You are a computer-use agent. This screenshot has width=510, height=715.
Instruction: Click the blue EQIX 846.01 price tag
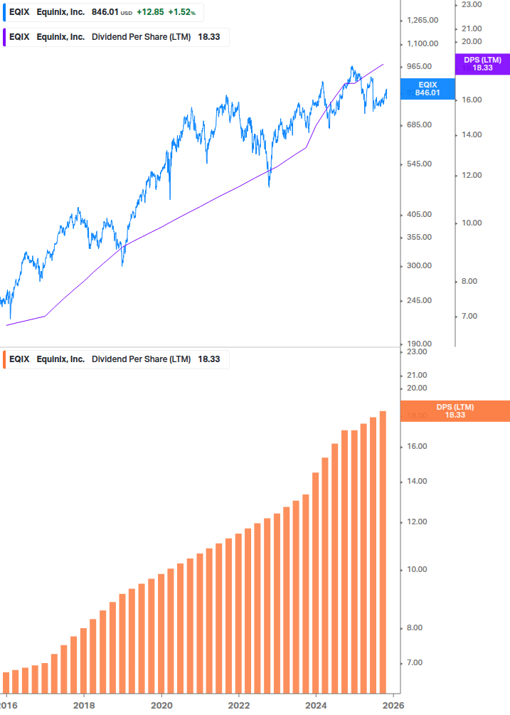(427, 88)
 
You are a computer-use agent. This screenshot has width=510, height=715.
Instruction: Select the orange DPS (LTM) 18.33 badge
(455, 411)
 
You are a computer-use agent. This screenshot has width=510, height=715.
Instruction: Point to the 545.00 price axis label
(418, 164)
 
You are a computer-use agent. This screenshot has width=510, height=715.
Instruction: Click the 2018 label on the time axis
(84, 704)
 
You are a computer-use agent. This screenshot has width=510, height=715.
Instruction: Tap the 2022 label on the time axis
(239, 704)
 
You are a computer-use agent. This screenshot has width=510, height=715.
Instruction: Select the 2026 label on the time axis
(393, 704)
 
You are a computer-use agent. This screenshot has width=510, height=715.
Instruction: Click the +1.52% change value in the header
(181, 13)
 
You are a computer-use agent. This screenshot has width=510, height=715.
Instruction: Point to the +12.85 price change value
(149, 13)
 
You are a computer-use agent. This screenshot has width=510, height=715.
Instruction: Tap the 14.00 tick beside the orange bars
(418, 482)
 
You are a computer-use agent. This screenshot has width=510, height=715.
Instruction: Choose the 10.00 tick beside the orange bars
(418, 570)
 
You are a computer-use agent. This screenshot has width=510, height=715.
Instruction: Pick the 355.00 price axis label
(418, 238)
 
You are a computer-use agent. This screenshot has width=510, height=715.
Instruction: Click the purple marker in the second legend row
(5, 37)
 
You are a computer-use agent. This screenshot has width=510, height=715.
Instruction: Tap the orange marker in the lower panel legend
(5, 359)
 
